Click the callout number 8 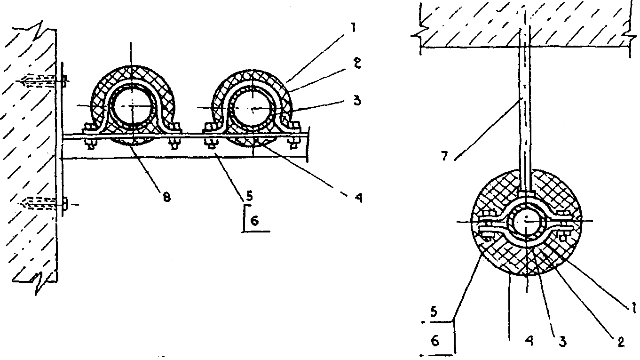(x=166, y=197)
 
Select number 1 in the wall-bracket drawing (x=354, y=28)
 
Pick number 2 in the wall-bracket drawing (x=357, y=64)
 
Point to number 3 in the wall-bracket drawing (x=357, y=101)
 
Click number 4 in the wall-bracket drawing (x=359, y=198)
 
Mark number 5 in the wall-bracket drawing (x=249, y=196)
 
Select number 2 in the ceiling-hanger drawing (x=621, y=342)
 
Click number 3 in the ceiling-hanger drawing (x=562, y=342)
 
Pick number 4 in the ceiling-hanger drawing (x=529, y=341)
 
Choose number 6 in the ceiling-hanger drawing (x=435, y=342)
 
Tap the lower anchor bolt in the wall (x=43, y=203)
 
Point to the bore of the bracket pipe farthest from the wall (x=252, y=109)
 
